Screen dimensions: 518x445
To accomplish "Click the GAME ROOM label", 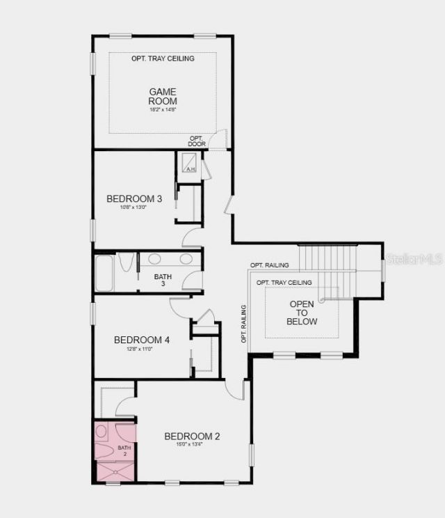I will click(x=163, y=96).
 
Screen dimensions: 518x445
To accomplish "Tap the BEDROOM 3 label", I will click(x=134, y=199).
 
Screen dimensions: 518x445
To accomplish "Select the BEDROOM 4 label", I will click(x=142, y=340).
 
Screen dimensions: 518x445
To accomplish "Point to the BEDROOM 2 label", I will click(x=192, y=437).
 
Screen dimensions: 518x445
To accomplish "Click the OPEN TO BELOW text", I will click(x=302, y=313).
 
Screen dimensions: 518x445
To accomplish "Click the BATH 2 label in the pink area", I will click(x=124, y=451).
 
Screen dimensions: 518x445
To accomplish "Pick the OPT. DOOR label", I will click(x=196, y=141).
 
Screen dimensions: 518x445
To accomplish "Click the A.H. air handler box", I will click(x=189, y=164).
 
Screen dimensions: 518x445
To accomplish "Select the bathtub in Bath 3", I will click(x=105, y=272).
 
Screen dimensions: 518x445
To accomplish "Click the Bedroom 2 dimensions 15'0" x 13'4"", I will click(x=192, y=445).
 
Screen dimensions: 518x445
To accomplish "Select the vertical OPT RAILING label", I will click(x=244, y=324).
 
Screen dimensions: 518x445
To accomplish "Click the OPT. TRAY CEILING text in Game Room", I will click(x=163, y=58).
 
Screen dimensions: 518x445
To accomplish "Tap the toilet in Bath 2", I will click(x=102, y=432).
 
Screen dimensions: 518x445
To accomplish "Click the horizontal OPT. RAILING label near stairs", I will click(x=270, y=265).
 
